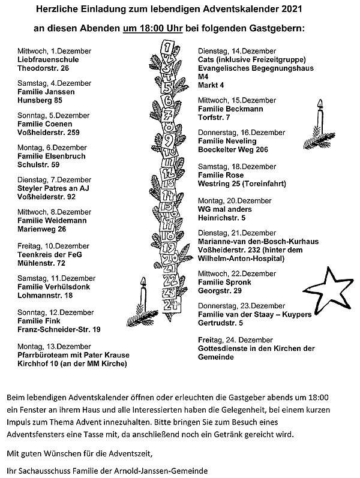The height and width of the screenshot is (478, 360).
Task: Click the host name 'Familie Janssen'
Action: [46, 92]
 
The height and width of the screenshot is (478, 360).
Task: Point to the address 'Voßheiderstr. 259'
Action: [49, 132]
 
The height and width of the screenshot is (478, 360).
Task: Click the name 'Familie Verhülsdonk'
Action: [53, 287]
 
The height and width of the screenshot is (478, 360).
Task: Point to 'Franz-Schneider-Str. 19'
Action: [59, 329]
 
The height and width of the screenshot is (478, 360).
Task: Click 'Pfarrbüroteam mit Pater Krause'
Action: [74, 355]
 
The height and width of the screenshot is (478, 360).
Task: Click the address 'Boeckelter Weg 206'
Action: [233, 149]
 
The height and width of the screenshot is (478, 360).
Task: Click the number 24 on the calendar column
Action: [175, 305]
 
